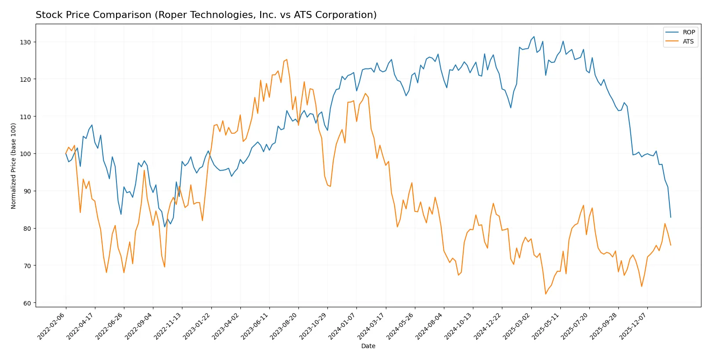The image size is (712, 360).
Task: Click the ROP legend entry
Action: pos(688,32)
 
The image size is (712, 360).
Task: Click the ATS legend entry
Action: pos(688,41)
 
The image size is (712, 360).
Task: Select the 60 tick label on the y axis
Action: pos(27,303)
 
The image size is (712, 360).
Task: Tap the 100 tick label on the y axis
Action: pos(25,154)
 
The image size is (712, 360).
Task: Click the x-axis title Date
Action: pos(368,346)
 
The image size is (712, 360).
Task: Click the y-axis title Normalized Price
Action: pos(14,166)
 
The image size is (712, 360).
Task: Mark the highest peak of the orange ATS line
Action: pos(287,60)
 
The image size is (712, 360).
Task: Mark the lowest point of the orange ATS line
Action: pos(546,294)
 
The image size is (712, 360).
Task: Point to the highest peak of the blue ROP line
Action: pos(534,36)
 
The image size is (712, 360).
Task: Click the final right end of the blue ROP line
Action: pos(671,217)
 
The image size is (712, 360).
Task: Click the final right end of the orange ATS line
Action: pos(671,245)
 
